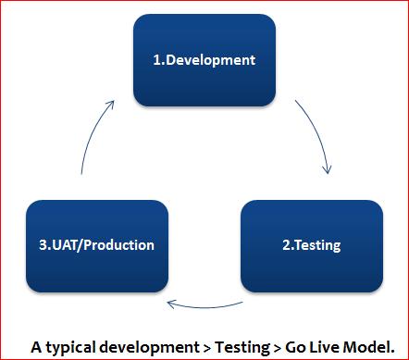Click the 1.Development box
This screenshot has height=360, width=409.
click(204, 61)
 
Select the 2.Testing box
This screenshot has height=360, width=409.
click(312, 245)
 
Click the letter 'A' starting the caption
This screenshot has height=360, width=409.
click(36, 346)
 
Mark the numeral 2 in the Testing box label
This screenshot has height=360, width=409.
click(285, 245)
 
